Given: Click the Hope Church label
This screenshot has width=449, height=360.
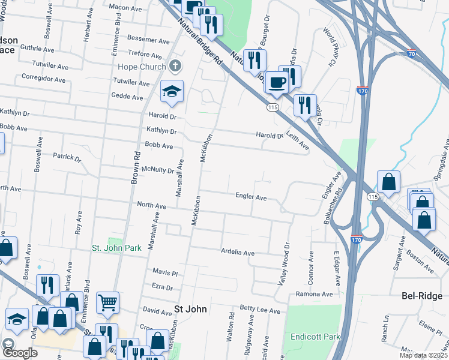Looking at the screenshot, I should pyautogui.click(x=141, y=67).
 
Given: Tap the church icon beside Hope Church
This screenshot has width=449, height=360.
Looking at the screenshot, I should pyautogui.click(x=175, y=65).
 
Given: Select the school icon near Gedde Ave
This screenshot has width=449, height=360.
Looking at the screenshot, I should pyautogui.click(x=172, y=92).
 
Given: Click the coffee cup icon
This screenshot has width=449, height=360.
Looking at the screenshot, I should pyautogui.click(x=277, y=82).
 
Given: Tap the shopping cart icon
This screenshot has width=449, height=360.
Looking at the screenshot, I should pyautogui.click(x=108, y=302).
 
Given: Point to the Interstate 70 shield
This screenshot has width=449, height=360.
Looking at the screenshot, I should pyautogui.click(x=411, y=53).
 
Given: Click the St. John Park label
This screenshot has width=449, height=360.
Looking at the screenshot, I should pyautogui.click(x=116, y=247).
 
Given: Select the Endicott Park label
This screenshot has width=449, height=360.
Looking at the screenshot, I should pyautogui.click(x=311, y=337).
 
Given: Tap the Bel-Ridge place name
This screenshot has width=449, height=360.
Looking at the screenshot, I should pyautogui.click(x=421, y=296).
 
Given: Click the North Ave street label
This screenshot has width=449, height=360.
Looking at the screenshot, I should pyautogui.click(x=151, y=206).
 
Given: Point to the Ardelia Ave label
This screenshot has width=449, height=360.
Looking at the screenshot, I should pyautogui.click(x=238, y=252).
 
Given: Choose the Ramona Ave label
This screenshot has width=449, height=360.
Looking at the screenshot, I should pyautogui.click(x=314, y=294).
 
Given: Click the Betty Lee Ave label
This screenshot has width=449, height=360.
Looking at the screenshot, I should pyautogui.click(x=260, y=311).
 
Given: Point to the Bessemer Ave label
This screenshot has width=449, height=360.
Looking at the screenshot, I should pyautogui.click(x=149, y=41).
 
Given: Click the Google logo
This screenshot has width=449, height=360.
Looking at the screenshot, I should pyautogui.click(x=20, y=353).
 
